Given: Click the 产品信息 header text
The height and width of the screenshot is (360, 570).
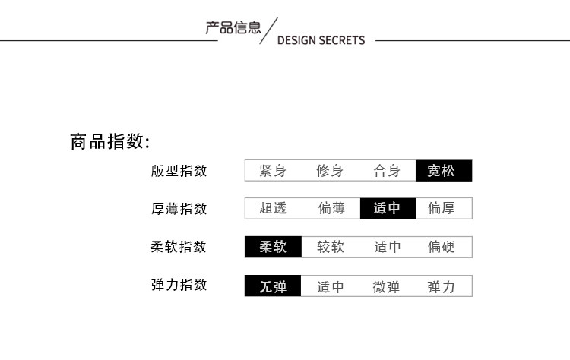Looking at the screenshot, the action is click(x=233, y=28).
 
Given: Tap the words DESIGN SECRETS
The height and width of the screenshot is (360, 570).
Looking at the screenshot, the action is click(x=321, y=40).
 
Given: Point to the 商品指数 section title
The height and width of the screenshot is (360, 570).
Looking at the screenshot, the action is click(x=110, y=142).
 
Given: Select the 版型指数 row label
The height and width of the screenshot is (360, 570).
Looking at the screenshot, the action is click(x=179, y=171).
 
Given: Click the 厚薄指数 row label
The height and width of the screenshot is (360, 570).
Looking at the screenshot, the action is click(x=179, y=209).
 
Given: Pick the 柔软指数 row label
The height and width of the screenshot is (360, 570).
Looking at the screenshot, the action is click(x=179, y=247).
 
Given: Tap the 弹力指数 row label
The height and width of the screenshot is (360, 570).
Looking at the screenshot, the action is click(x=179, y=286).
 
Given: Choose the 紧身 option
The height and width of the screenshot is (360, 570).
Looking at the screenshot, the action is click(x=273, y=171).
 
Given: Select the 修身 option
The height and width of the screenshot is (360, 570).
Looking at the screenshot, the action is click(x=330, y=171).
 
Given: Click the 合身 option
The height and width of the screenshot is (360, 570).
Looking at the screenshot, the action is click(x=387, y=171).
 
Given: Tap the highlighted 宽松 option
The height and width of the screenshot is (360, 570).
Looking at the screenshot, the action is click(x=444, y=171).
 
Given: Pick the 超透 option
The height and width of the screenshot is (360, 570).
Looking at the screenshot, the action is click(x=273, y=208).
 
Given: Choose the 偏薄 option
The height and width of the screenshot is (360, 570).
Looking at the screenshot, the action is click(x=331, y=208).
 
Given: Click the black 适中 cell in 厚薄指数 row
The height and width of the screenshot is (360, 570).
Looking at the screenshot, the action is click(x=388, y=208).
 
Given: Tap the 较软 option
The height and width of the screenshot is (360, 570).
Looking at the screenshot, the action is click(x=331, y=247).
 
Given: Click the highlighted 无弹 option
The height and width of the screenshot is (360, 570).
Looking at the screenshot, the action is click(x=273, y=286).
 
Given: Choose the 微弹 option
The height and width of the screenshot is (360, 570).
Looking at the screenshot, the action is click(x=386, y=286).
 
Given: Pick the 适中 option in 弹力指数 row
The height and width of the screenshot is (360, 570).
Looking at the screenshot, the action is click(x=331, y=286).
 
